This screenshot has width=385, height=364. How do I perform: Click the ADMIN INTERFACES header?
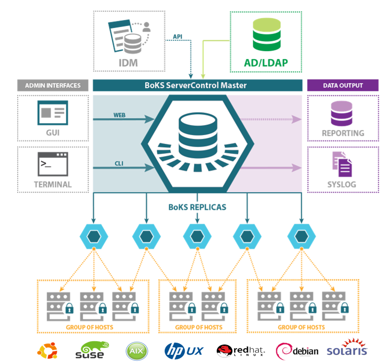tap(53, 85)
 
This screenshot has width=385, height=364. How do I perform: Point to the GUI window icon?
tap(53, 113)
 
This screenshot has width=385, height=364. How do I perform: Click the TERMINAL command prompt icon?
tap(53, 163)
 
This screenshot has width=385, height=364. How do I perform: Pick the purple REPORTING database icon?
tap(343, 113)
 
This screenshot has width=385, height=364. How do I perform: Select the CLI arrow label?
tap(119, 162)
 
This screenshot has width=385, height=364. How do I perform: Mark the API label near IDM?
tap(177, 36)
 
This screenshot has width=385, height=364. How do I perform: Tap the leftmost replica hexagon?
tap(94, 236)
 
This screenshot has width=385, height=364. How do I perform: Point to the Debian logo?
tap(297, 351)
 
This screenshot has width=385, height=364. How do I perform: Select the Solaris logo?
tap(347, 351)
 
